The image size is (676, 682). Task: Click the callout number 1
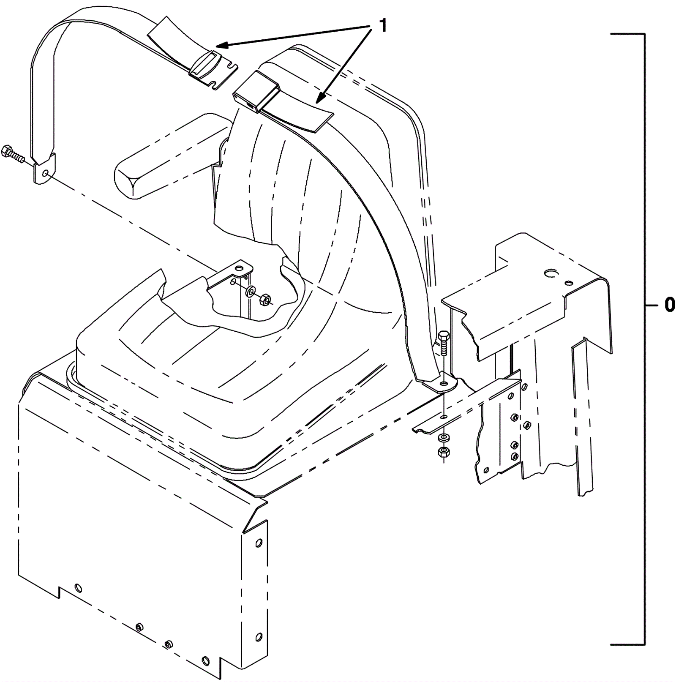point(383,26)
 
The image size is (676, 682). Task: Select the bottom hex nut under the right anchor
point(444,452)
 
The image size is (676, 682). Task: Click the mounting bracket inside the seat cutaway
point(230,275)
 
